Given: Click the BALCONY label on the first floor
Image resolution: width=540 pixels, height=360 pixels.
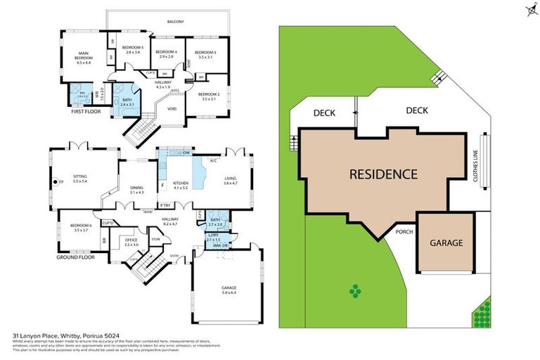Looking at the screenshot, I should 175,22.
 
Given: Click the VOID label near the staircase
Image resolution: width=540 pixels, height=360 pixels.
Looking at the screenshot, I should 171,109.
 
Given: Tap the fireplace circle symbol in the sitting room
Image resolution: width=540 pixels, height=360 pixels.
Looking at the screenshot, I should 53,182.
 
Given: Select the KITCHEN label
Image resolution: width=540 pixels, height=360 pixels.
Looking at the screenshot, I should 181,183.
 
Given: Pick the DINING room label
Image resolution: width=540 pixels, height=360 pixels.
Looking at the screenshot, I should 136,187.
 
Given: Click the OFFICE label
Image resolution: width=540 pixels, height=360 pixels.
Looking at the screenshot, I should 131,239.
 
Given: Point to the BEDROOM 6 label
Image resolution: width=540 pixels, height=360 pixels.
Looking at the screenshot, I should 79,225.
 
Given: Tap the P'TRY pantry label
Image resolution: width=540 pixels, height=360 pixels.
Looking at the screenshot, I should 165,205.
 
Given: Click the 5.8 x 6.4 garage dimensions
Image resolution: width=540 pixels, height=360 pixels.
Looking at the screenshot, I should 229,292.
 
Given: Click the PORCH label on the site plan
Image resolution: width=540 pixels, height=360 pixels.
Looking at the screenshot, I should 404,231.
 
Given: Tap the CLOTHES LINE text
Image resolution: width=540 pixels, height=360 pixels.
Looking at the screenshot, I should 476,168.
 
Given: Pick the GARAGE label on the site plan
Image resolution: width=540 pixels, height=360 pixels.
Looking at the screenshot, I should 446,243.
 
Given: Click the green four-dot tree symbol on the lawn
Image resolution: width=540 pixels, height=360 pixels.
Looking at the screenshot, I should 355,290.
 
